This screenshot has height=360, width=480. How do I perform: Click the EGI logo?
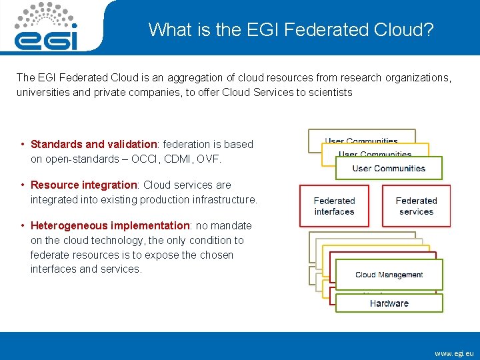pos(46,27)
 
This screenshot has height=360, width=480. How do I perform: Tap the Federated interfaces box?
pos(334,206)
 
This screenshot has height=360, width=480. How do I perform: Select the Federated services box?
pos(416,206)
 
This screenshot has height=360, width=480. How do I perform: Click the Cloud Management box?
pos(389,275)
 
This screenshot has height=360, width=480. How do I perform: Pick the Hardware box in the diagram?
pos(389,303)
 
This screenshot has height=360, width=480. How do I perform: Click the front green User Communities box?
pos(389,168)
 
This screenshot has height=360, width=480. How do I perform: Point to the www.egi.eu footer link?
pos(454,353)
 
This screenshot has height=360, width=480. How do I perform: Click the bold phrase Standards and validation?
pos(93,145)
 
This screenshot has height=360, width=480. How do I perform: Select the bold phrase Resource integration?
pos(83,185)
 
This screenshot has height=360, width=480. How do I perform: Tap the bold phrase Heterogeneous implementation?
pos(110,226)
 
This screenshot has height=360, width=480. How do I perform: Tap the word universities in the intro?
pos(41,93)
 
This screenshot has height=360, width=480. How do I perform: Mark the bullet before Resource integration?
pos(23,185)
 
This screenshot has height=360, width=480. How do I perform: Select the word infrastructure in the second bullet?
pos(223,200)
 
